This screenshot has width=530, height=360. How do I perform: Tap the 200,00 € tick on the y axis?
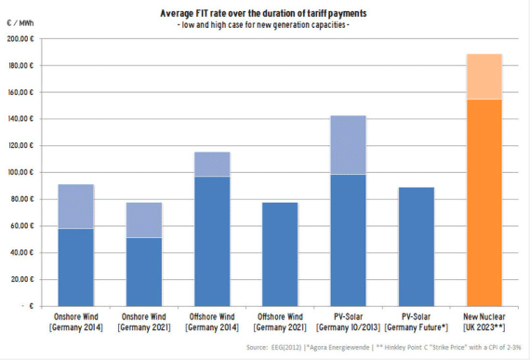point(18,39)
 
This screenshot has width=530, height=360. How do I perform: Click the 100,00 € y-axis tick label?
point(18,172)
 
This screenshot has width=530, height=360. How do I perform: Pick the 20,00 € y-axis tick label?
point(20,278)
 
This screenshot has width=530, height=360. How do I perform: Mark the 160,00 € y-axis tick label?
point(18,92)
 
